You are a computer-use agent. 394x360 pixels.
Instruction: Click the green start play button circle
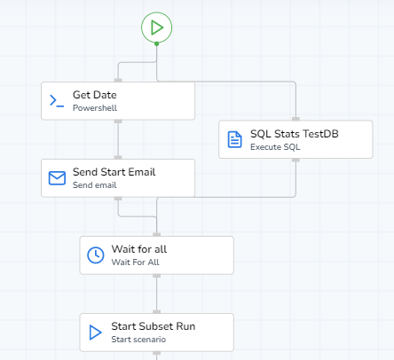[156, 27]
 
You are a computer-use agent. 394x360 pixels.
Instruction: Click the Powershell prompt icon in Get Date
[57, 101]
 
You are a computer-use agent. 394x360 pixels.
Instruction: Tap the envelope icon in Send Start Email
[57, 178]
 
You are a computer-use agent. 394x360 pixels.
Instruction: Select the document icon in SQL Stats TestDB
[235, 139]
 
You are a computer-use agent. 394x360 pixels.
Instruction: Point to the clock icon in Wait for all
[96, 255]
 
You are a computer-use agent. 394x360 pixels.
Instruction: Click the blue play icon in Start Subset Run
[95, 333]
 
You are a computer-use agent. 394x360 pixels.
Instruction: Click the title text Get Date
[95, 95]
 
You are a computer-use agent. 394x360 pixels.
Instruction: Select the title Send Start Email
[114, 172]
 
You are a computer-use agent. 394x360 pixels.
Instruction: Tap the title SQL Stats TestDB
[295, 134]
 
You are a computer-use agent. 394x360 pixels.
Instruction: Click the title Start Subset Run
[154, 326]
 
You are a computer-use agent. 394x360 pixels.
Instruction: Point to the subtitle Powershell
[95, 108]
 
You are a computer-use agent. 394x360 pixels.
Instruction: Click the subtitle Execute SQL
[275, 147]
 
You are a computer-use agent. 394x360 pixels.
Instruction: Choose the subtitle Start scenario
[138, 340]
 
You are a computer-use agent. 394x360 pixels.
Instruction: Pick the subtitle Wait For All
[135, 262]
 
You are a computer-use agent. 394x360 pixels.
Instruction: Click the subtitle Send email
[95, 185]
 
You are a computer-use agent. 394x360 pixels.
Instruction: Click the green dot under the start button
[157, 43]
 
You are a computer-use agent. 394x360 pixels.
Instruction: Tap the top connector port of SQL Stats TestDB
[295, 119]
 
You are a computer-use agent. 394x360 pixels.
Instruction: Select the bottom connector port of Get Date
[118, 121]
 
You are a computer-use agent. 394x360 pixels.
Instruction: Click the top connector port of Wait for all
[157, 235]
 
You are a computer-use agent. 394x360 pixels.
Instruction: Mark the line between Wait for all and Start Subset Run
[157, 293]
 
